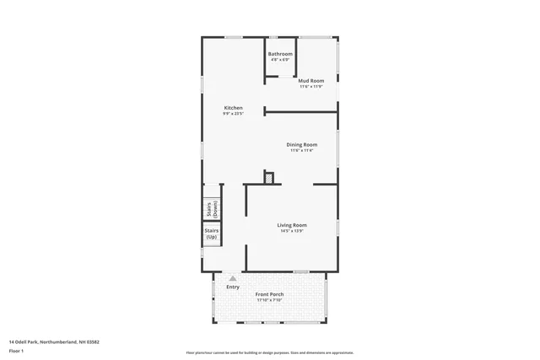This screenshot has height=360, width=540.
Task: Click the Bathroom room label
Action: pyautogui.click(x=280, y=54)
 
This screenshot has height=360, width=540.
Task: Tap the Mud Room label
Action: pyautogui.click(x=311, y=81)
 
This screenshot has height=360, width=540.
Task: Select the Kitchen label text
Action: pyautogui.click(x=233, y=108)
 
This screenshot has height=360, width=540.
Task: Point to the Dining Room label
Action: pyautogui.click(x=302, y=145)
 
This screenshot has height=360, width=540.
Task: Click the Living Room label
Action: pyautogui.click(x=293, y=225)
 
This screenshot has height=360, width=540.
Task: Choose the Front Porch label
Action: pyautogui.click(x=270, y=294)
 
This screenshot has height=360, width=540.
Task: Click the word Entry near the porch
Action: pyautogui.click(x=232, y=287)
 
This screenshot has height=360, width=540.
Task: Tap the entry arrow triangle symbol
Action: pyautogui.click(x=233, y=277)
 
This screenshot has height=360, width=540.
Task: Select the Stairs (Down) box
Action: pyautogui.click(x=211, y=209)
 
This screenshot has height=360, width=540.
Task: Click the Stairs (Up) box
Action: pyautogui.click(x=211, y=234)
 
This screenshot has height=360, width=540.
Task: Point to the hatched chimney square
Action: pyautogui.click(x=269, y=177)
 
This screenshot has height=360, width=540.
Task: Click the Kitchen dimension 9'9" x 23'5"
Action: pyautogui.click(x=233, y=114)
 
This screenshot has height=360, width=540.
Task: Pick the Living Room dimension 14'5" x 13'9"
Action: pyautogui.click(x=293, y=231)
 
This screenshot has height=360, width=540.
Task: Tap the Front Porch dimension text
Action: pyautogui.click(x=270, y=300)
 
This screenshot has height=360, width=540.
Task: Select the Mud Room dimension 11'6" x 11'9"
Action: pyautogui.click(x=311, y=87)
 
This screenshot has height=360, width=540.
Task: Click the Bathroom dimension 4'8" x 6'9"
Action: pyautogui.click(x=280, y=60)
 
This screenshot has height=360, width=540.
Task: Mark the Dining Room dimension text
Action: pyautogui.click(x=302, y=151)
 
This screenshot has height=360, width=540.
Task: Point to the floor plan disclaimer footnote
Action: pyautogui.click(x=270, y=352)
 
